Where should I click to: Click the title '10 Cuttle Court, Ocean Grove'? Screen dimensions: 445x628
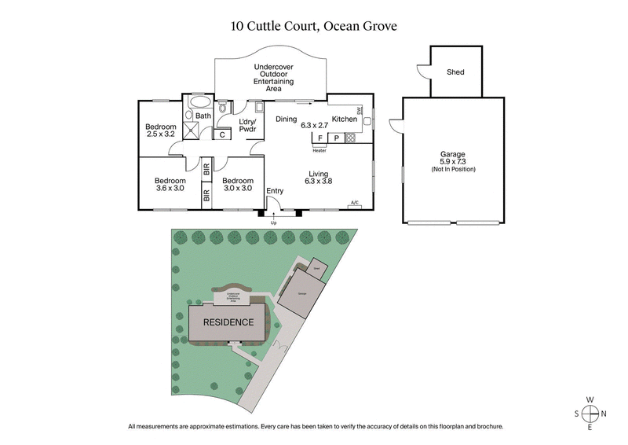(x=314, y=25)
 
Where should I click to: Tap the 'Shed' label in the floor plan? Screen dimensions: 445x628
(x=455, y=72)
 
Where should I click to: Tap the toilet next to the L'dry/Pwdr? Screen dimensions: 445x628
(x=223, y=107)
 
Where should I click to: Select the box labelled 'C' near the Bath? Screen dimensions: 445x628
(x=222, y=134)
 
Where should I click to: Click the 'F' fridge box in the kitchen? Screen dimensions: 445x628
(x=319, y=138)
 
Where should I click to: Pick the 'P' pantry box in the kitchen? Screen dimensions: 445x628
(x=335, y=138)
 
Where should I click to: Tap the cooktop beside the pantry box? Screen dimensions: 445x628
(x=350, y=138)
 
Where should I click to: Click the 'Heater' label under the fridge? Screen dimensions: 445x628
(x=319, y=150)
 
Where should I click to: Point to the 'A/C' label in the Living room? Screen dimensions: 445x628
(x=354, y=204)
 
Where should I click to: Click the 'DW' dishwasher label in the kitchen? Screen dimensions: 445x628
(x=359, y=111)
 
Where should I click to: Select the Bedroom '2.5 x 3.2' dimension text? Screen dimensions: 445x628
(x=160, y=134)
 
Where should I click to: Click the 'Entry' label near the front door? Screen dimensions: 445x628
(x=275, y=191)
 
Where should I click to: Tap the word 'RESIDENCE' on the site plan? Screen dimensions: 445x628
(x=228, y=322)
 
